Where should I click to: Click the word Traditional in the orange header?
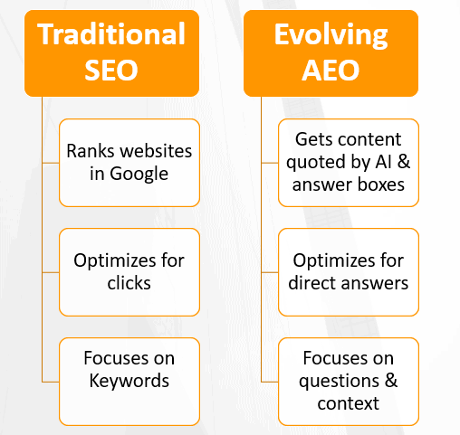pos(110,35)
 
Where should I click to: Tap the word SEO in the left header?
pos(110,69)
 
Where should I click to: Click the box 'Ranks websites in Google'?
pos(129,161)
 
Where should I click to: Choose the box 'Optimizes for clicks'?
pos(129,270)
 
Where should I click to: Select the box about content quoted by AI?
pos(349,162)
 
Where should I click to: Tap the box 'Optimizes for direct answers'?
pos(349,270)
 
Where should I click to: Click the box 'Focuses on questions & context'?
pos(349,380)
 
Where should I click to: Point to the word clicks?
pos(129,282)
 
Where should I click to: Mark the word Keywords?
pos(129,381)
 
